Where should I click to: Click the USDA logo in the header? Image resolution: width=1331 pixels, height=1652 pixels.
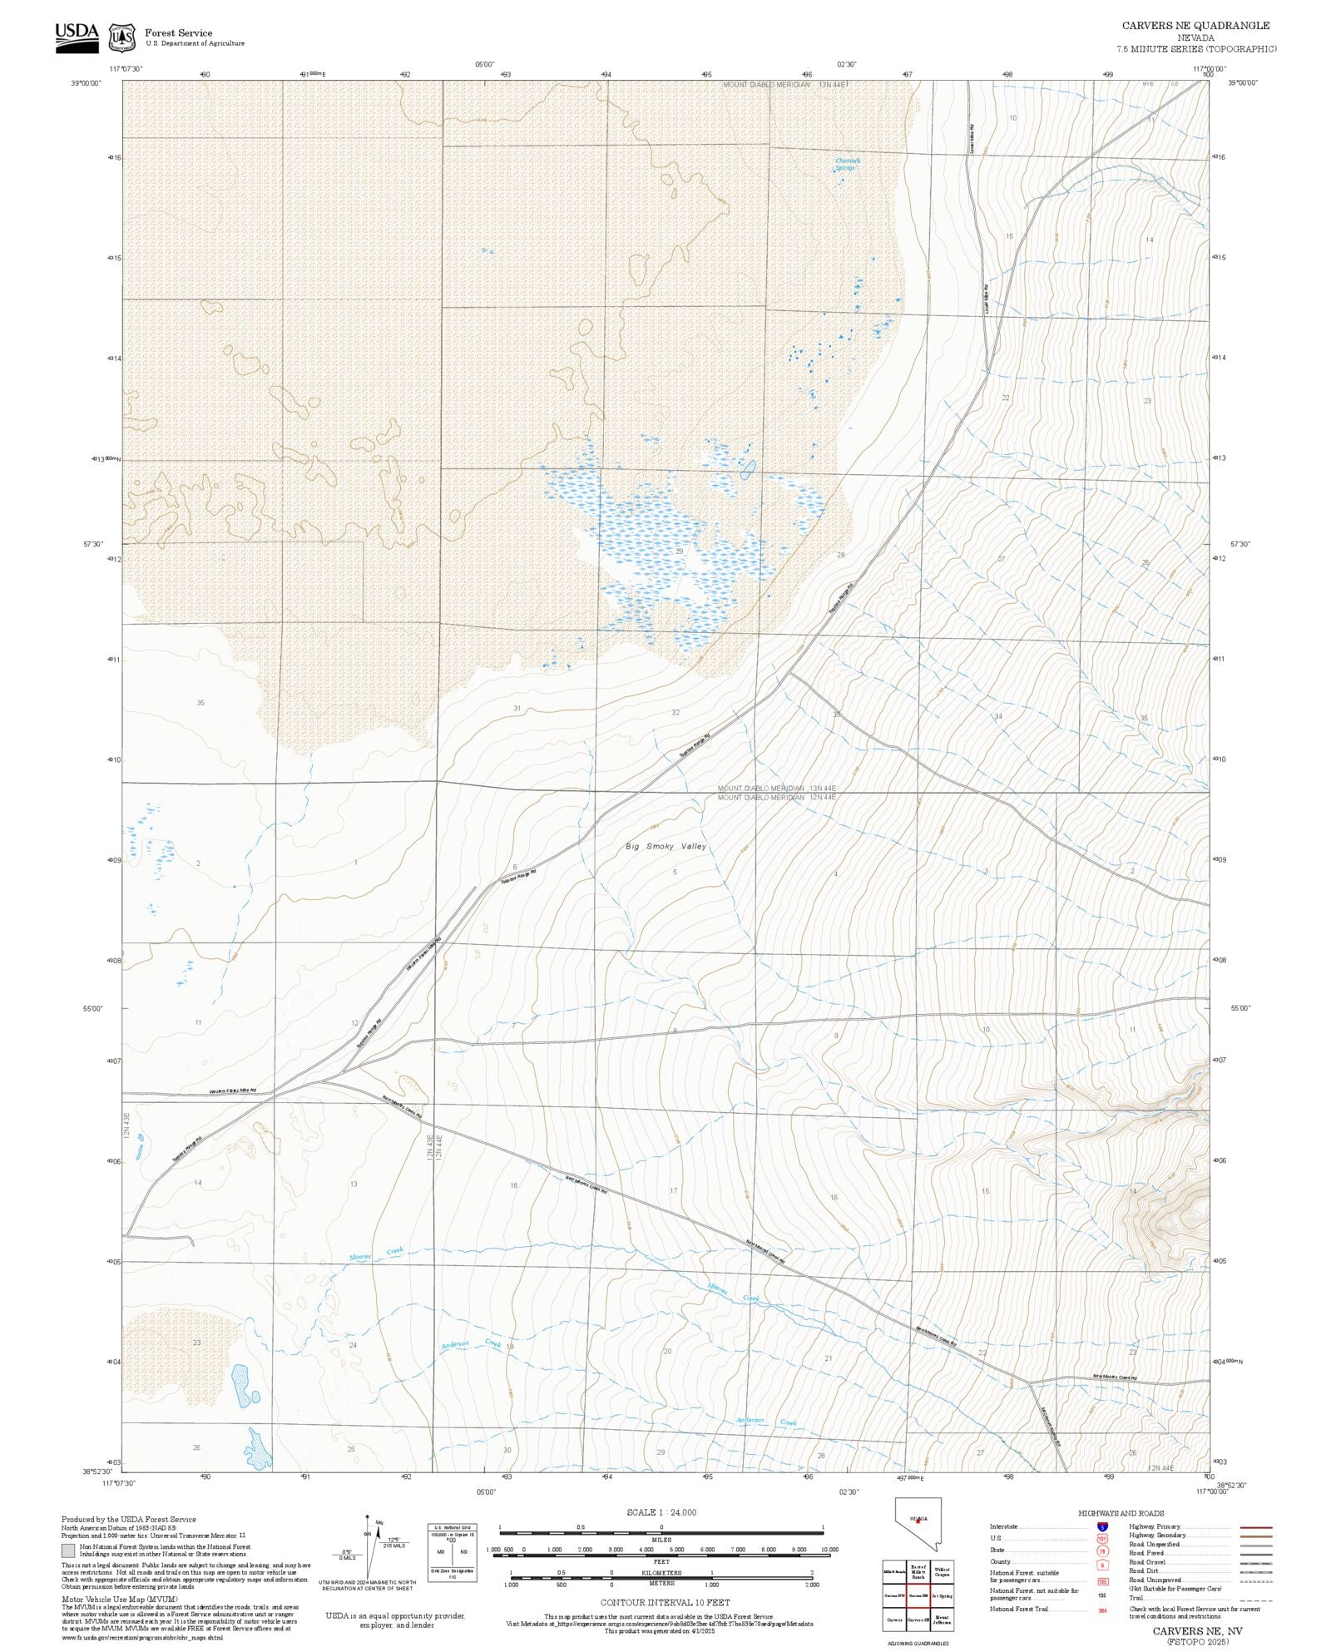point(77,37)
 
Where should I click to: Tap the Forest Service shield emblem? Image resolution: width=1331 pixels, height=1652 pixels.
point(122,37)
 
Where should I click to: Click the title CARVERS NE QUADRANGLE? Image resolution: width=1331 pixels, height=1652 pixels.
point(1195,26)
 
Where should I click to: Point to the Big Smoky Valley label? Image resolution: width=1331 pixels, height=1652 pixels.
point(665,846)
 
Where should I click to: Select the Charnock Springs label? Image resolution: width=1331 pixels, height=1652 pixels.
point(847,164)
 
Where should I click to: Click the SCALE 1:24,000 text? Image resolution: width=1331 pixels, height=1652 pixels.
point(661,1512)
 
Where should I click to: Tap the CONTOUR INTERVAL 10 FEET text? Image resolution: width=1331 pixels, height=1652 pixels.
point(665,1601)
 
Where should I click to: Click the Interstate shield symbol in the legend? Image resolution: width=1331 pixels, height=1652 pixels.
point(1102,1526)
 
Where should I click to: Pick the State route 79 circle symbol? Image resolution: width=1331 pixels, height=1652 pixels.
point(1102,1551)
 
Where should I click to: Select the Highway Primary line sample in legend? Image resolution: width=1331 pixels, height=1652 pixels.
point(1255,1527)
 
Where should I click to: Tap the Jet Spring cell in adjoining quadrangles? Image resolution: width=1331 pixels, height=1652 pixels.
point(942,1595)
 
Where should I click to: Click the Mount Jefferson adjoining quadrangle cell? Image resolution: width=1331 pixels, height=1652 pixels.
point(942,1620)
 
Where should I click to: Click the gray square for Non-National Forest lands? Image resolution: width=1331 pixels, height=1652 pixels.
point(68,1551)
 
